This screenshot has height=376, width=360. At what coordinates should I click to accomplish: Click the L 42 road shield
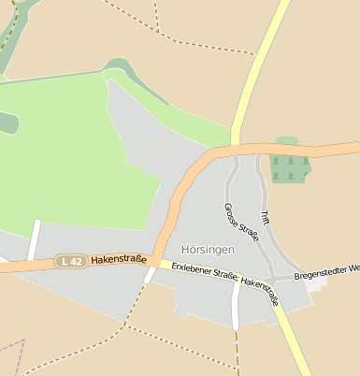coord(69,262)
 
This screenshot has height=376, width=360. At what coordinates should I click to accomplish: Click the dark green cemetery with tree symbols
coord(289,167)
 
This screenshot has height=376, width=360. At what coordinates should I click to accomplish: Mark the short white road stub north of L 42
coord(35,239)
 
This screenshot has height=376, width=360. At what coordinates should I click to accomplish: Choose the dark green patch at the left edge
coord(7,122)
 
